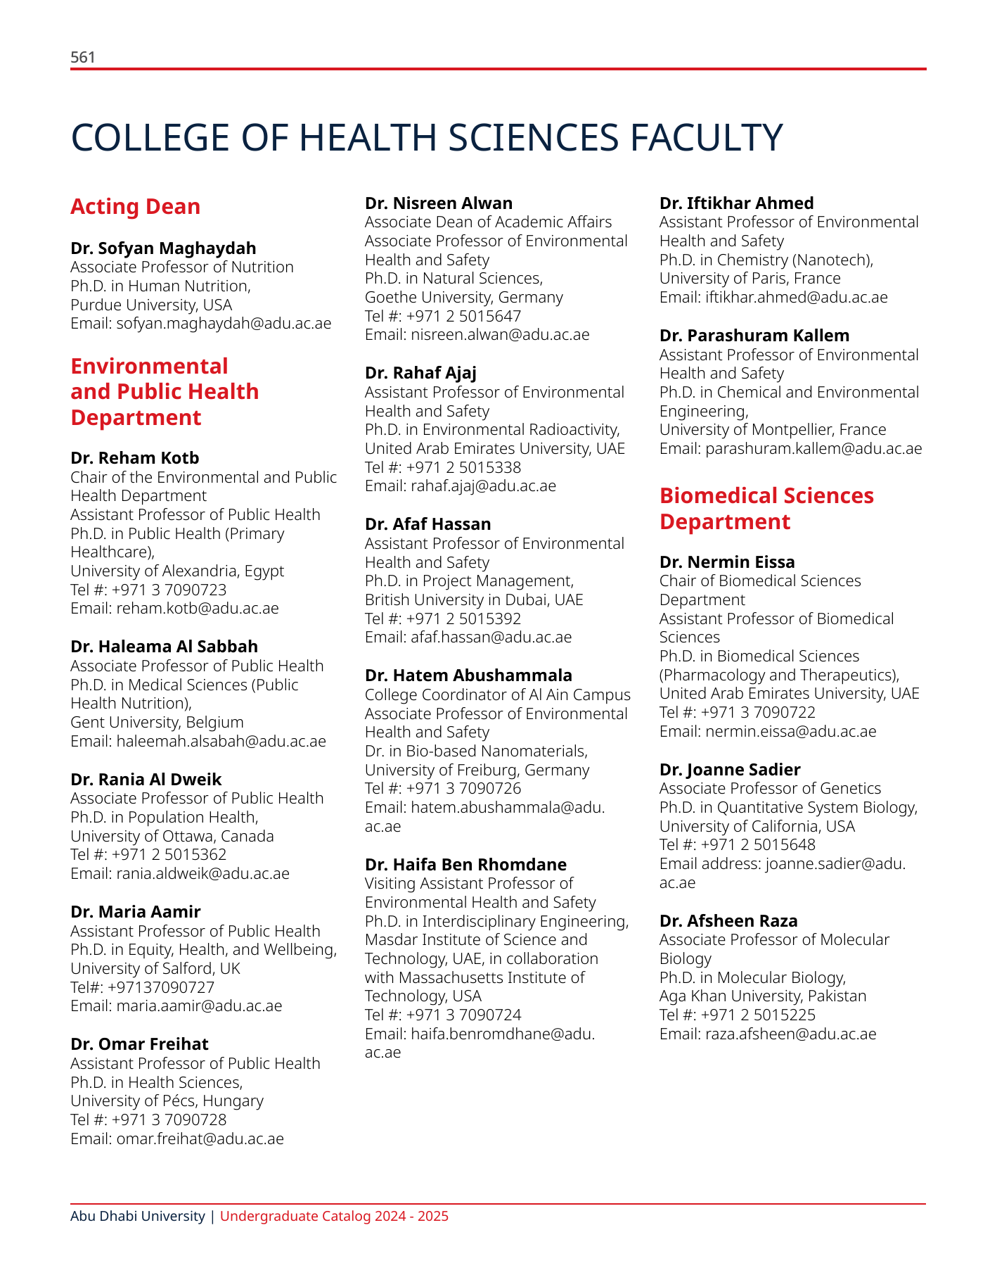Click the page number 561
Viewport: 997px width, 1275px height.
pos(83,58)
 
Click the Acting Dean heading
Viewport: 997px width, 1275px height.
pos(135,207)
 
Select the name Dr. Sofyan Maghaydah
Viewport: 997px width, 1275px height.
pos(163,248)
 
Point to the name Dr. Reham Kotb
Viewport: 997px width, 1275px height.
pos(135,458)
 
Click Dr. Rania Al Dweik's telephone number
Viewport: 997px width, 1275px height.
pos(169,855)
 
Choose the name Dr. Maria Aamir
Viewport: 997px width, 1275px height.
pos(136,912)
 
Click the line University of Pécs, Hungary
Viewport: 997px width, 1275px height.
pos(167,1100)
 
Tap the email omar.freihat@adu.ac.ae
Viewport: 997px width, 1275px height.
pos(200,1138)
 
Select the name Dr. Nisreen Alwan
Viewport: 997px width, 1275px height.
pos(439,203)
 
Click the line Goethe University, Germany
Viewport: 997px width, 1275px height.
pos(463,297)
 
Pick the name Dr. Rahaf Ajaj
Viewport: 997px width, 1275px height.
pos(420,373)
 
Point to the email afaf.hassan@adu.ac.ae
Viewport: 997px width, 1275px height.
pos(491,637)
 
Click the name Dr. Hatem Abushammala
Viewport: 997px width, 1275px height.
pos(468,675)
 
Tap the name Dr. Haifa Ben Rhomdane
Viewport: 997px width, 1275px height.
pos(465,865)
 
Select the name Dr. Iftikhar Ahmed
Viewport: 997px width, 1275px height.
pos(736,203)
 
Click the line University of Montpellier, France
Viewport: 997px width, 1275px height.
pos(773,429)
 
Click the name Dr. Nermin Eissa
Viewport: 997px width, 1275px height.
pos(727,562)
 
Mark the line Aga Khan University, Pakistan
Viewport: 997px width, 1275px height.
pos(763,996)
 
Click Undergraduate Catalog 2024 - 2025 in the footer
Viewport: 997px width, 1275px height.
pos(334,1216)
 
